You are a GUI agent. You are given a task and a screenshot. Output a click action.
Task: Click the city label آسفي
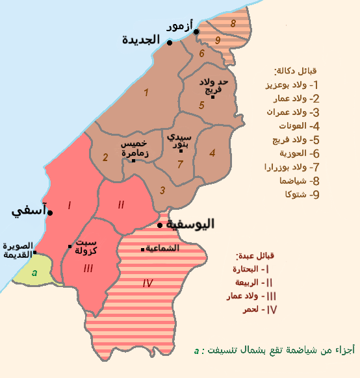point(28,212)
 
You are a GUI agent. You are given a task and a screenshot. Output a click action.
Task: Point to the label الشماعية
point(164,248)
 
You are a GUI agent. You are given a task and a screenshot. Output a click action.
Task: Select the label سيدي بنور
point(179,142)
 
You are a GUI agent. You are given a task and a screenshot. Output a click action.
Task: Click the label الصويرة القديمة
point(18,251)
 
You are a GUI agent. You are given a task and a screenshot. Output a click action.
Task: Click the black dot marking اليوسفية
point(160,226)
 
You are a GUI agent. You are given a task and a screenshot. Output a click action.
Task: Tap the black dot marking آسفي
point(51,212)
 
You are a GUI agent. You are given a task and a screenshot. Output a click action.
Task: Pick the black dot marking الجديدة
point(169,43)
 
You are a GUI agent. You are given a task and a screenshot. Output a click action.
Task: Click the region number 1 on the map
point(146,93)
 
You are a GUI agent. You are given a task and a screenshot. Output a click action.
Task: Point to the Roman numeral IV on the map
point(148,283)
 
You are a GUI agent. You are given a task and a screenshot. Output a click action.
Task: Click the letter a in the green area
point(34,272)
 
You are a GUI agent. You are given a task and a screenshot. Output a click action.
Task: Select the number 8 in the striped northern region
point(233,23)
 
